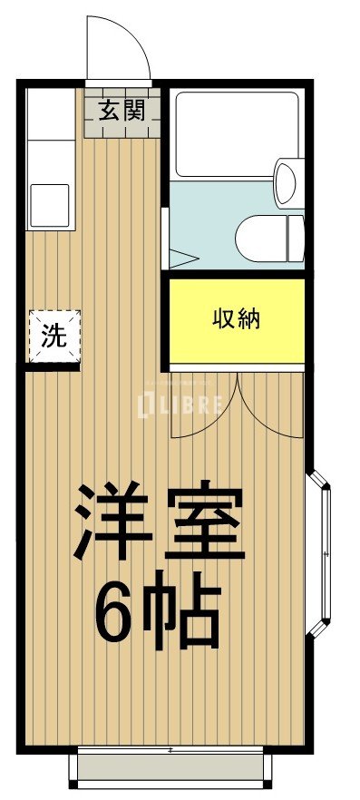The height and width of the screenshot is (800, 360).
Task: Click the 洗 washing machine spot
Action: pyautogui.click(x=54, y=337)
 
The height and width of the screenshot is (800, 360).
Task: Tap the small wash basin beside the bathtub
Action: pyautogui.click(x=286, y=181)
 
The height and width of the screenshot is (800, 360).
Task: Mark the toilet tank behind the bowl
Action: pyautogui.click(x=295, y=239)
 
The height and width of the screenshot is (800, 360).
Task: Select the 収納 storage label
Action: pyautogui.click(x=237, y=319)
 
